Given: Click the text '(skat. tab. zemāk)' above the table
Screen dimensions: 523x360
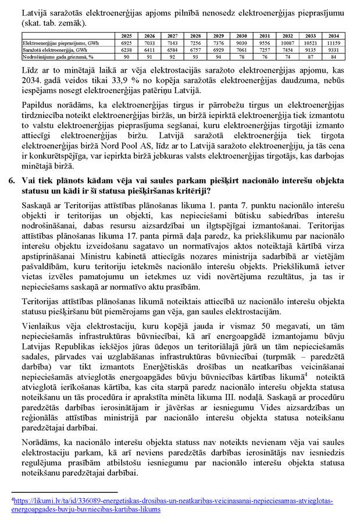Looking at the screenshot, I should point(52,23).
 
